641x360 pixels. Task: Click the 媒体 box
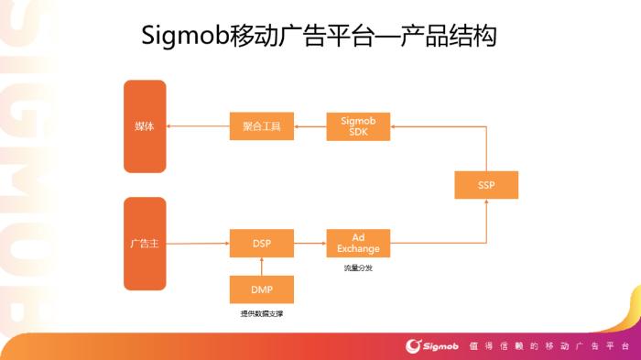tap(145, 126)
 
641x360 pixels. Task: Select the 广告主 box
tap(145, 243)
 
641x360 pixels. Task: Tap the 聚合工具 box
tap(261, 126)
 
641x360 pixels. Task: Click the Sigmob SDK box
tap(358, 126)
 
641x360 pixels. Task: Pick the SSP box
tap(485, 185)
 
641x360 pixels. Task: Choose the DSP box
tap(261, 243)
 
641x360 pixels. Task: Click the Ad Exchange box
tap(358, 243)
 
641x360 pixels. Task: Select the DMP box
tap(261, 289)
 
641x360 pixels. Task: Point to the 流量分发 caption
tap(358, 267)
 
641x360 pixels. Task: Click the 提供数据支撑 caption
tap(261, 314)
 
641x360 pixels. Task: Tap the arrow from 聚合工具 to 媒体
tap(197, 126)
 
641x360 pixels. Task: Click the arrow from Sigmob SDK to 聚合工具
tap(310, 126)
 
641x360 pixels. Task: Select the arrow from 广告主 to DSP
tap(197, 243)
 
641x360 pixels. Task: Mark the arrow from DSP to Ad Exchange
tap(310, 243)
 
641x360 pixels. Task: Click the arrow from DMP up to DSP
tap(262, 266)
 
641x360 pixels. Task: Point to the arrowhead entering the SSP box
tap(485, 203)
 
